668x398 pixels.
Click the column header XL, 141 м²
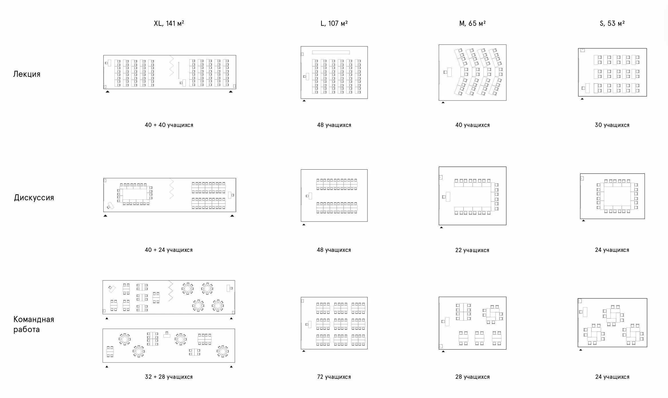(169, 23)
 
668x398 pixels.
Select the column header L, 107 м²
(334, 23)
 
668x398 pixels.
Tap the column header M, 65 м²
(472, 23)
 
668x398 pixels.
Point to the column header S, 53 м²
(612, 23)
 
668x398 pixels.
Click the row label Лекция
(27, 74)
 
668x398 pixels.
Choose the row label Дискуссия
(34, 198)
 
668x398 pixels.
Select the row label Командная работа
(33, 324)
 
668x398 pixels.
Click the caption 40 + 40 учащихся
(169, 125)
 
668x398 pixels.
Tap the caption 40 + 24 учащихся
(169, 250)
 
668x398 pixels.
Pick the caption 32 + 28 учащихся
(169, 377)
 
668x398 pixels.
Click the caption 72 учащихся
(334, 377)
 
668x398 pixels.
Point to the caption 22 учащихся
(472, 250)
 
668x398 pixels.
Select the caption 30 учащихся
(612, 125)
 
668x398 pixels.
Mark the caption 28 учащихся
(472, 377)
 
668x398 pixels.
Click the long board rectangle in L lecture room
(331, 52)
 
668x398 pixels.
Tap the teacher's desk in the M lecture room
(449, 72)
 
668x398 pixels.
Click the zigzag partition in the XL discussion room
(171, 189)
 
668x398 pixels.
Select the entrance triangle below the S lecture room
(582, 99)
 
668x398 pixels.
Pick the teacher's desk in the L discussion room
(310, 196)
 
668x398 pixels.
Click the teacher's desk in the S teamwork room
(585, 312)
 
